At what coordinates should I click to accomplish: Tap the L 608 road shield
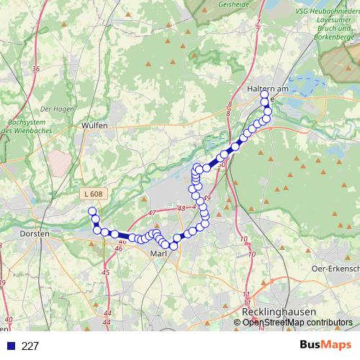click(93, 194)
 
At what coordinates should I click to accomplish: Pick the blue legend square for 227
click(9, 346)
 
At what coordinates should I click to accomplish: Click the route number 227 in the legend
click(30, 346)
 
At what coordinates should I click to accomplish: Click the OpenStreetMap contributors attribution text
click(297, 323)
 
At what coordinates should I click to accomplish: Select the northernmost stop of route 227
click(264, 94)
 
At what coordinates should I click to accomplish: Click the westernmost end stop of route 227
click(91, 211)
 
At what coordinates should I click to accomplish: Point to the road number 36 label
click(35, 69)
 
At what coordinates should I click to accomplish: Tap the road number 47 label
click(152, 214)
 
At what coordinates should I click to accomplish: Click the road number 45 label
click(106, 272)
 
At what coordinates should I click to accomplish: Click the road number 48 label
click(181, 208)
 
